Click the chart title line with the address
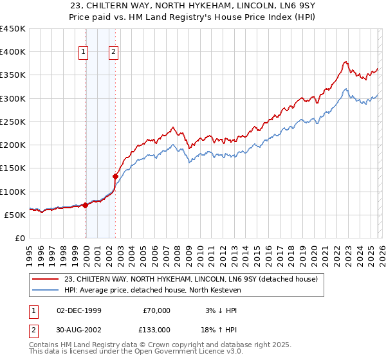193,6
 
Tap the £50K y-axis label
15,215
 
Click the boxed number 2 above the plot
113,53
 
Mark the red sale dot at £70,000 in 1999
85,205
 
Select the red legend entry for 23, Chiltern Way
190,279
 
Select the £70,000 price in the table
156,310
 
